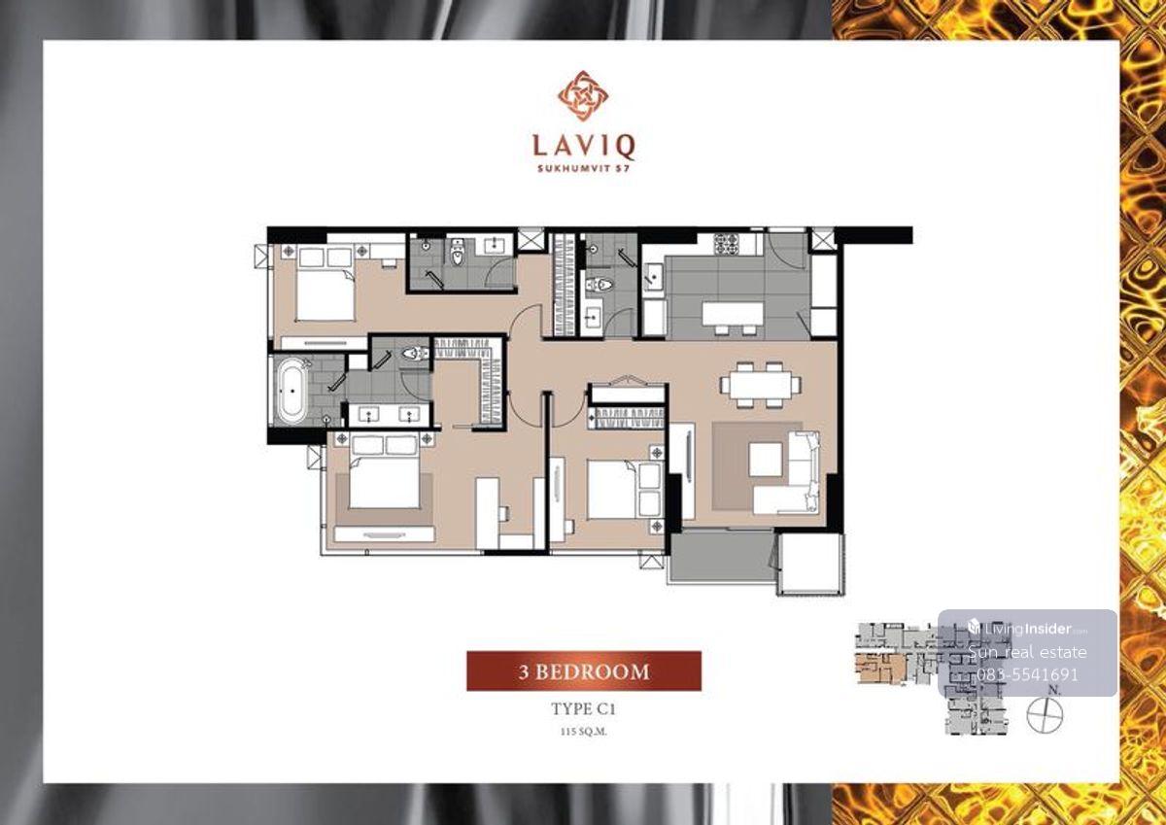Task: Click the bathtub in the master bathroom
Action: click(291, 390)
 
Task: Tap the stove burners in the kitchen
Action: click(726, 244)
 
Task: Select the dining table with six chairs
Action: click(761, 385)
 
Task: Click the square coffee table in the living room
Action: click(766, 459)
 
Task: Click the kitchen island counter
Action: click(733, 314)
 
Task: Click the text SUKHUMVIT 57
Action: click(584, 169)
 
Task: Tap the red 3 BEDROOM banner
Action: click(584, 670)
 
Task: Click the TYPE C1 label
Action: click(584, 709)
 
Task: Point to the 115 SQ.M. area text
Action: click(584, 732)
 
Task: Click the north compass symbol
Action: click(1045, 715)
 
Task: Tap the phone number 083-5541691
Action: click(1026, 674)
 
